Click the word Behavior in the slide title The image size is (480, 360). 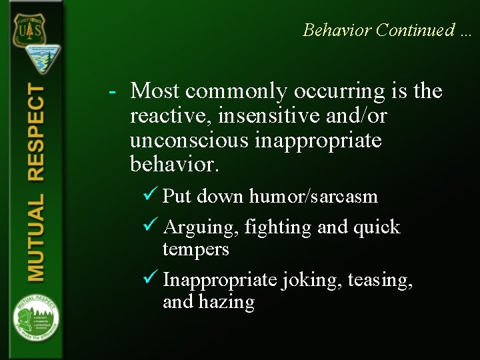tap(337, 30)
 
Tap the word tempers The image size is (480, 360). tap(195, 249)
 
